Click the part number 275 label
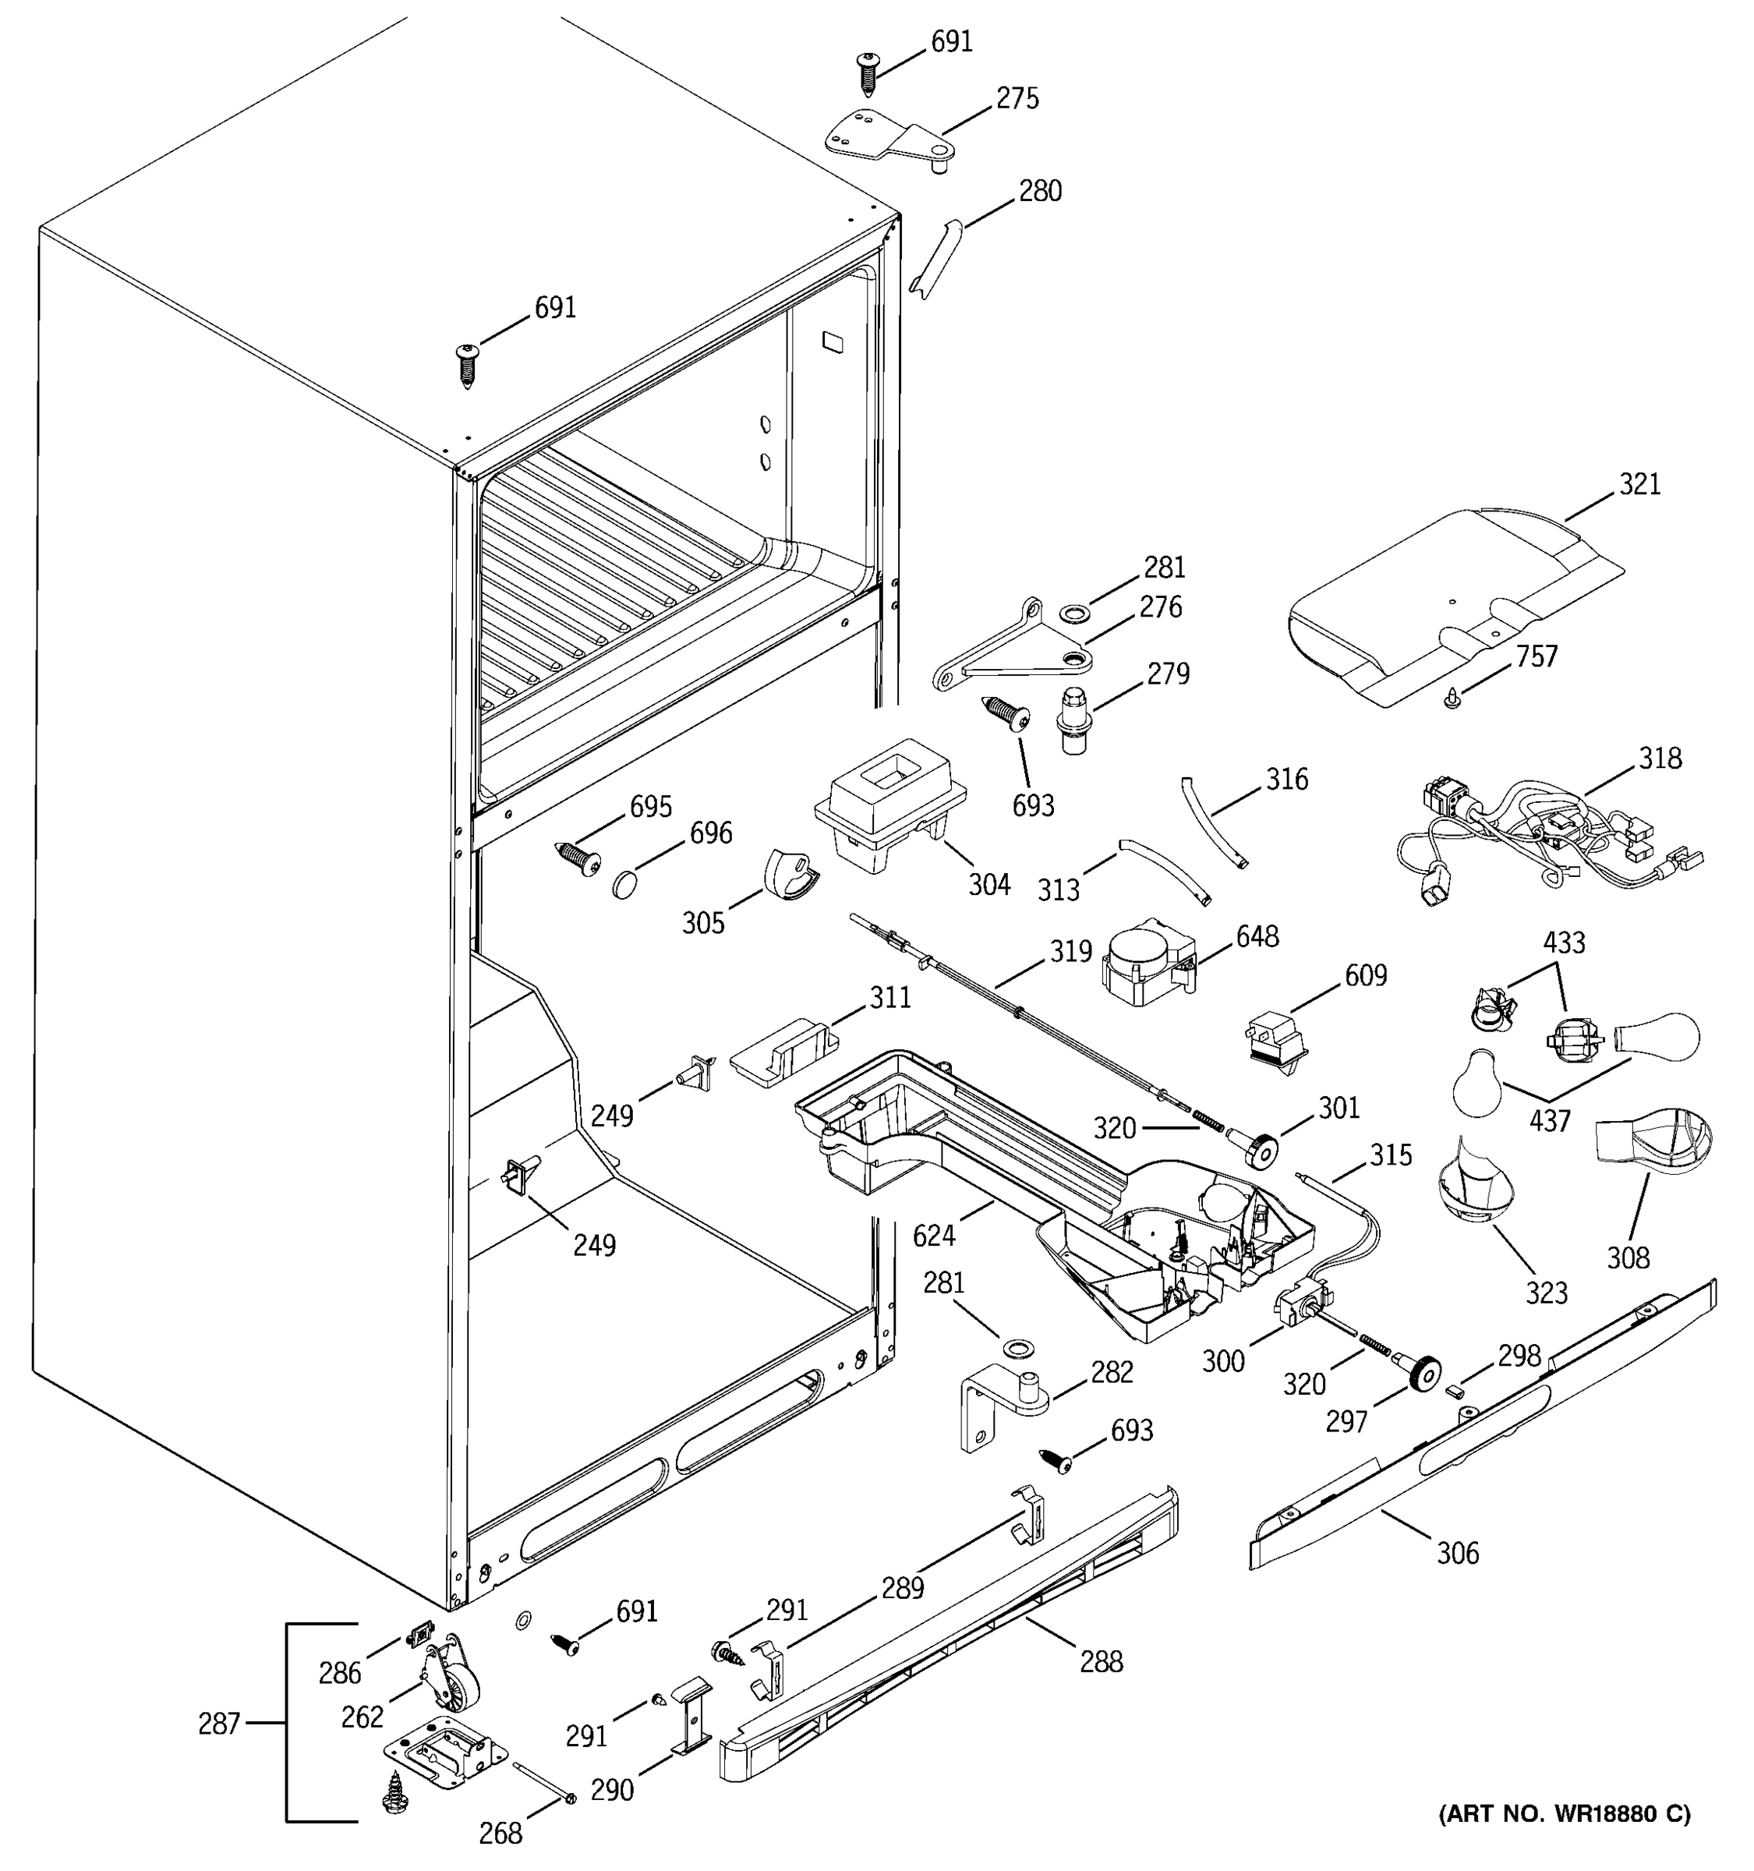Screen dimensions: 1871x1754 coord(1017,99)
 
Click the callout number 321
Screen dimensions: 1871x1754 coord(1639,485)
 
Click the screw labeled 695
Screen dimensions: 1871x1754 coord(578,858)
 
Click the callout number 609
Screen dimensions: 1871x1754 coord(1365,975)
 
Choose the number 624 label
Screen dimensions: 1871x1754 coord(933,1236)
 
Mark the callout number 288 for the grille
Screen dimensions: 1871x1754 coord(1101,1661)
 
